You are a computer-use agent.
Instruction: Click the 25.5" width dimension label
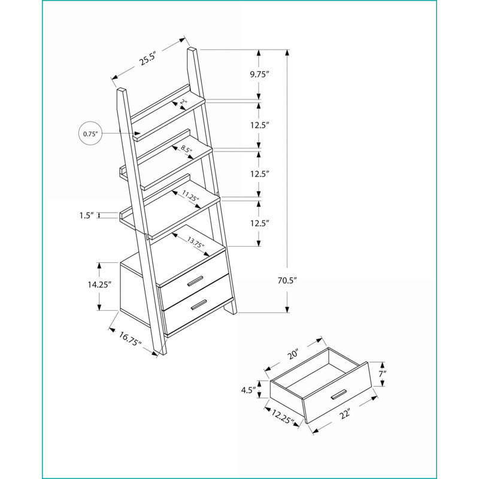pos(147,59)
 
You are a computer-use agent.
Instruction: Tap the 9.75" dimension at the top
pos(259,74)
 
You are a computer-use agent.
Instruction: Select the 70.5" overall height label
pos(287,280)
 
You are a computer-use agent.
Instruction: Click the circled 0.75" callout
pos(90,134)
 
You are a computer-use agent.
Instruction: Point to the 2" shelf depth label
pos(183,102)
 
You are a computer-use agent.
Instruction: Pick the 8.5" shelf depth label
pos(186,149)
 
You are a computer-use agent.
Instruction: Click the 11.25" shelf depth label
pos(190,196)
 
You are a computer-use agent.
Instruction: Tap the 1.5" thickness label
pos(86,216)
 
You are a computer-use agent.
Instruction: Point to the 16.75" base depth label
pos(130,339)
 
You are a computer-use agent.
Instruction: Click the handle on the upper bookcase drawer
pos(196,281)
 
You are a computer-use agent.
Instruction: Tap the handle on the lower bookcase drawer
pos(199,305)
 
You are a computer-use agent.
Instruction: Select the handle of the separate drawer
pos(339,395)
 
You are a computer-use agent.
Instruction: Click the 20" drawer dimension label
pos(292,354)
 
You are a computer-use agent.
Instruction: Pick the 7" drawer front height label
pos(383,374)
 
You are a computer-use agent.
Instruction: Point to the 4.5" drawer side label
pos(248,390)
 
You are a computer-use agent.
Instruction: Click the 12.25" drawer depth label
pos(281,417)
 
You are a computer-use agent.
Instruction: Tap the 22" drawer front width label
pos(345,414)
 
